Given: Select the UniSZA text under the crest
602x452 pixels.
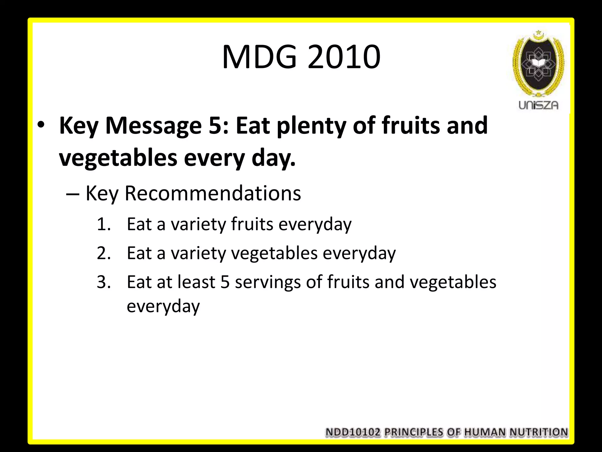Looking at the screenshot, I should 538,105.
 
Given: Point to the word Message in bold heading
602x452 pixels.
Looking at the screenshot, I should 153,126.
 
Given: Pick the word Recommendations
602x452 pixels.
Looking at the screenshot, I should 213,193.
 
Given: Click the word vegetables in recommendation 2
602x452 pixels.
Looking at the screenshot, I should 275,253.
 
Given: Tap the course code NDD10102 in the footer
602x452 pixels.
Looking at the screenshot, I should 353,432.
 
